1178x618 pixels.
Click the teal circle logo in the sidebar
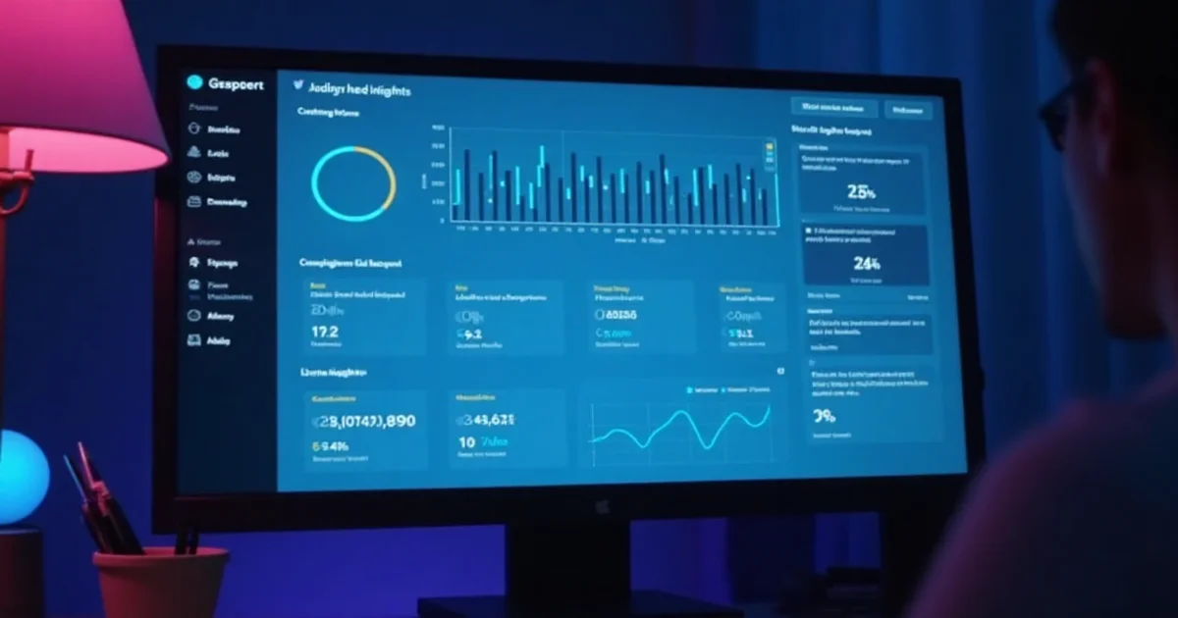click(193, 83)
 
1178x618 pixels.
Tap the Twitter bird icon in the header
click(297, 86)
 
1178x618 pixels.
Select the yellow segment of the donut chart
click(386, 177)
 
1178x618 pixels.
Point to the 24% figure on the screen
click(867, 263)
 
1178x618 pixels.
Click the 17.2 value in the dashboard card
click(325, 332)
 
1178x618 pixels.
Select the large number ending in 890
click(363, 421)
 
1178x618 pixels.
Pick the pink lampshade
click(79, 88)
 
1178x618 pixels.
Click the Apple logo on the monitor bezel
click(602, 506)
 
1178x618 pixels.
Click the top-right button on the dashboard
click(907, 109)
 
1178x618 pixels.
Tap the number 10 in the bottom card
click(466, 442)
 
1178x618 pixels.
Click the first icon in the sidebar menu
click(193, 129)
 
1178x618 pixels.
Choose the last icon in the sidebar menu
click(193, 340)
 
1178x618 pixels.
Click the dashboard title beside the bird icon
click(359, 89)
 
